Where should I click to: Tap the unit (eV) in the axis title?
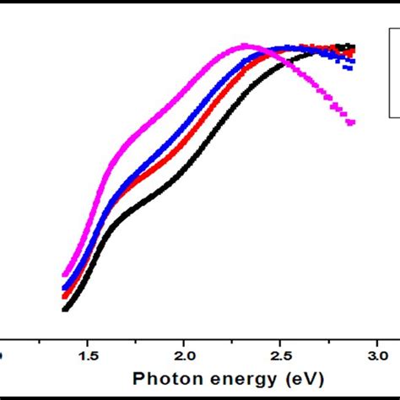(305, 377)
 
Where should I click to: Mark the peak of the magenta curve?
(246, 46)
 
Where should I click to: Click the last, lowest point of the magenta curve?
(351, 122)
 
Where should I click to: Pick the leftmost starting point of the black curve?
(65, 310)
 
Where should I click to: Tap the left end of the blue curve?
(65, 288)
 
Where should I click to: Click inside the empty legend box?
(393, 72)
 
